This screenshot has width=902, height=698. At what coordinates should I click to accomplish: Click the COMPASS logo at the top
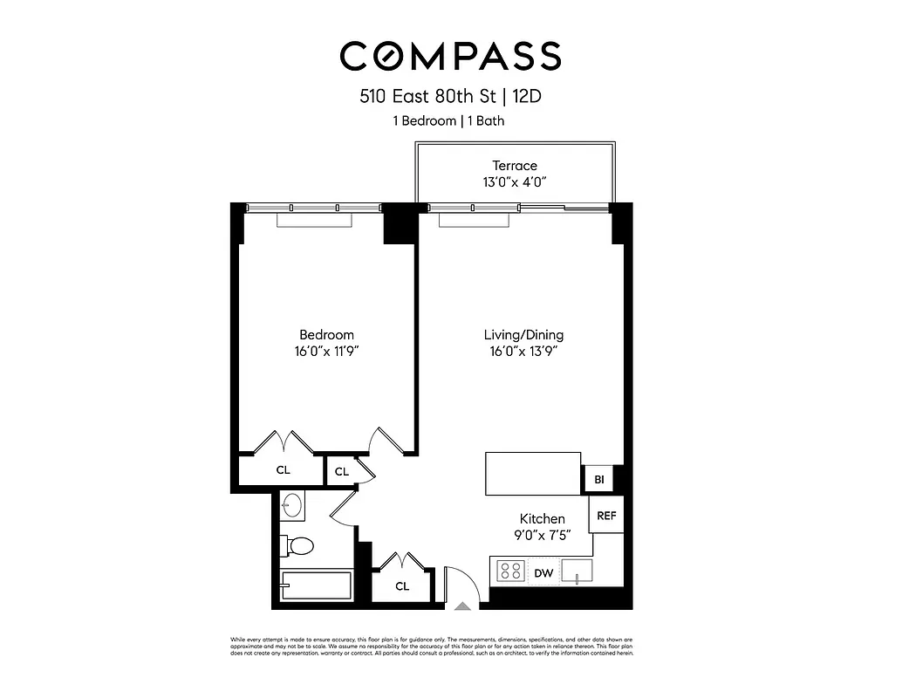point(450,56)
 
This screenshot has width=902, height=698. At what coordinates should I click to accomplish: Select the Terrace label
point(515,166)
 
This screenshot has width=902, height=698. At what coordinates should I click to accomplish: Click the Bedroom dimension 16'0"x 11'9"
point(327,352)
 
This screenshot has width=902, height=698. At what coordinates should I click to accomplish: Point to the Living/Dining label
point(523,335)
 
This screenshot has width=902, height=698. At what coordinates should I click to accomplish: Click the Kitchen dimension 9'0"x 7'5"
point(543,535)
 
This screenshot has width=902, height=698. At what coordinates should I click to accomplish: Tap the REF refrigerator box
point(606,516)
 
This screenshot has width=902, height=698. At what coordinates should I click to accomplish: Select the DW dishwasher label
point(543,572)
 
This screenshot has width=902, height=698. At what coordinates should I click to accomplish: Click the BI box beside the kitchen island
point(599,480)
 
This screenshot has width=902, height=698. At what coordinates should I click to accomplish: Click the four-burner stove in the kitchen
point(510,571)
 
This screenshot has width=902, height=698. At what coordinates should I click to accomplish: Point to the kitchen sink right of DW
point(577,571)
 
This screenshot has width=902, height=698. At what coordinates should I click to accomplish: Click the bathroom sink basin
point(292,505)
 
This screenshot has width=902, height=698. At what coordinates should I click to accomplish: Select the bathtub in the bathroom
point(316,585)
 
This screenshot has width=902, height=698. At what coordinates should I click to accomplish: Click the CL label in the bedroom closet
point(283,469)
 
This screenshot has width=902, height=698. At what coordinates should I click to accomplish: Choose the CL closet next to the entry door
point(402,586)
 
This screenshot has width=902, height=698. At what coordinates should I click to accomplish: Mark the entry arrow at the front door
point(464,603)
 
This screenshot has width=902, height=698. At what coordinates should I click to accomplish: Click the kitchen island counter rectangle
point(533,474)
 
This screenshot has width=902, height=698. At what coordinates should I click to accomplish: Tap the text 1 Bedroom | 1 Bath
point(448,121)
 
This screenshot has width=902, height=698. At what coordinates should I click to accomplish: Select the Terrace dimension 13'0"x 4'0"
point(515,182)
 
